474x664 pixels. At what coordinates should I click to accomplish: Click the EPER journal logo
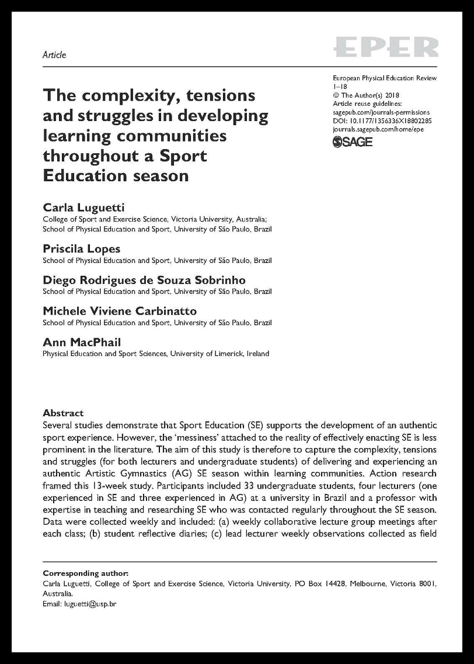tap(385, 47)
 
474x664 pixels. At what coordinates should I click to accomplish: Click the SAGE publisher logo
tap(353, 142)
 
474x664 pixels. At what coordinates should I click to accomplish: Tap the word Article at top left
tap(54, 55)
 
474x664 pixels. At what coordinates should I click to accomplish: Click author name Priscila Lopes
tap(81, 248)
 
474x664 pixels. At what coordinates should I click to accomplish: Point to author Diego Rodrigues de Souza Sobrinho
tap(144, 280)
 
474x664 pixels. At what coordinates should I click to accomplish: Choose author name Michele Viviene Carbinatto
tap(120, 311)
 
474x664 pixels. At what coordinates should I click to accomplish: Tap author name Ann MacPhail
tap(82, 342)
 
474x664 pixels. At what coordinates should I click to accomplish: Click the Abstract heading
tap(63, 413)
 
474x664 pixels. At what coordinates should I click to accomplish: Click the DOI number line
tap(382, 120)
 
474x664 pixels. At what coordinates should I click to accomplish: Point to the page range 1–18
tap(340, 86)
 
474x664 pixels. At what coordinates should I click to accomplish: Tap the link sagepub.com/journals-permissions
tap(381, 112)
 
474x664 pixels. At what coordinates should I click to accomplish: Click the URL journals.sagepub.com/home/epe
tap(378, 129)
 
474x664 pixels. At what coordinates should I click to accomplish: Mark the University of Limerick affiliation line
tap(156, 354)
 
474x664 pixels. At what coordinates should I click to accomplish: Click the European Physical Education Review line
tap(384, 78)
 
